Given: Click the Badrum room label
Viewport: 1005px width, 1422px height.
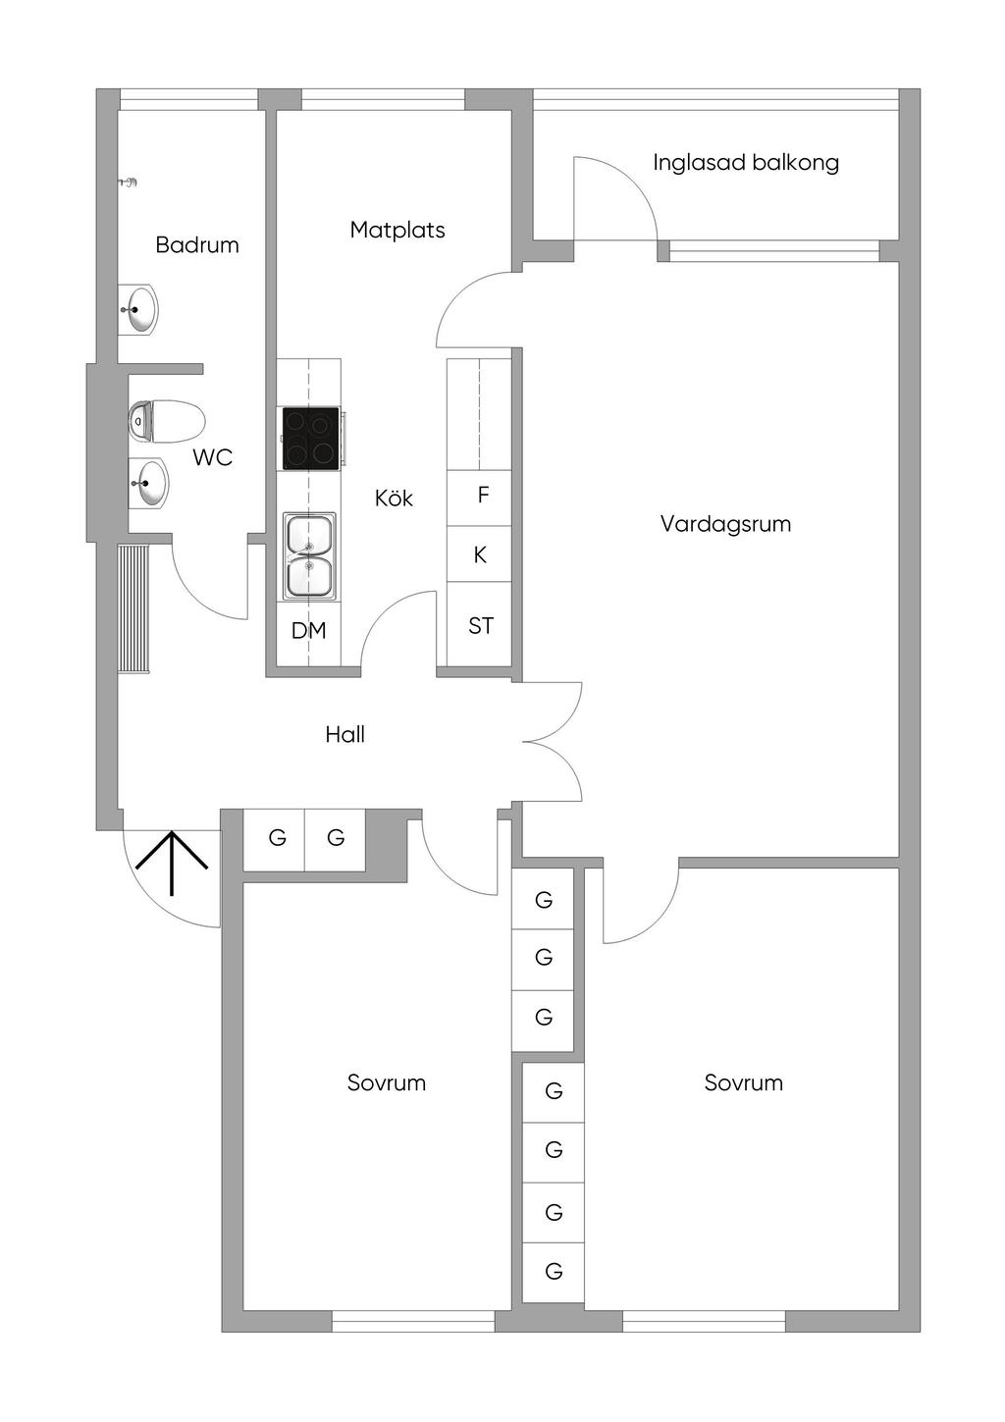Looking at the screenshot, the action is point(197,245).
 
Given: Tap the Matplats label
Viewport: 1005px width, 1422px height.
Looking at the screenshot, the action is point(397,230).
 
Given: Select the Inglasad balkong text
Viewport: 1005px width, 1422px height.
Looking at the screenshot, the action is point(746,163).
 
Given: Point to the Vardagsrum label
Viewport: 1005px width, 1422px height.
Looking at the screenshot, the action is point(725,524).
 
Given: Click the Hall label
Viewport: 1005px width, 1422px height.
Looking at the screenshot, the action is point(344,734).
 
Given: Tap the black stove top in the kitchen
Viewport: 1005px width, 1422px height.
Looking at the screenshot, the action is point(310,439).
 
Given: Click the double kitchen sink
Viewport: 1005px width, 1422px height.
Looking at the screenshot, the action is point(310,556).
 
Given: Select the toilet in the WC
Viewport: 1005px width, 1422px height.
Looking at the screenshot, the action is point(166,422).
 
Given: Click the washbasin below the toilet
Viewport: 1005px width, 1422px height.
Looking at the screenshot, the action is point(148,483).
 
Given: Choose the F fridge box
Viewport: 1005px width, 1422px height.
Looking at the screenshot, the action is point(479,498).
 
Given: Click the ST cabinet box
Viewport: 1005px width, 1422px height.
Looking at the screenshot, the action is point(479,624).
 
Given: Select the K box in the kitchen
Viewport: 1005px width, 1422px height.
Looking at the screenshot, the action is point(479,554).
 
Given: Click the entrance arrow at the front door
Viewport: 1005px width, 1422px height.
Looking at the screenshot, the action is point(172,862).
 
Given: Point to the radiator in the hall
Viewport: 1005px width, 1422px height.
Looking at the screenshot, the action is point(133,607).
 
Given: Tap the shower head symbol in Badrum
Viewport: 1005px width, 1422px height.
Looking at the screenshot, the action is point(129,183).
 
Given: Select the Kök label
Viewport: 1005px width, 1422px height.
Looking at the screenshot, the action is point(394,498).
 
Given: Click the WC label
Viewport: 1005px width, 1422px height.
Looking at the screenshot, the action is point(213,457).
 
